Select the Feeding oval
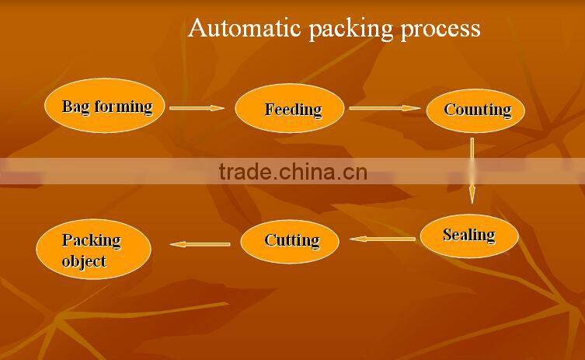289,109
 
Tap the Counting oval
475,110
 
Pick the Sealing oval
468,235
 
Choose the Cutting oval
290,240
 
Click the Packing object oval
92,250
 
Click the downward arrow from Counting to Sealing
472,170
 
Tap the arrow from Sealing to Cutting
382,239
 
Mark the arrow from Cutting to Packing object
200,244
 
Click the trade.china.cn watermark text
293,172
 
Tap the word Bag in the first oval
76,107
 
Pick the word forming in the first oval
123,107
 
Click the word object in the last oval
84,261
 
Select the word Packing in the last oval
92,239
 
